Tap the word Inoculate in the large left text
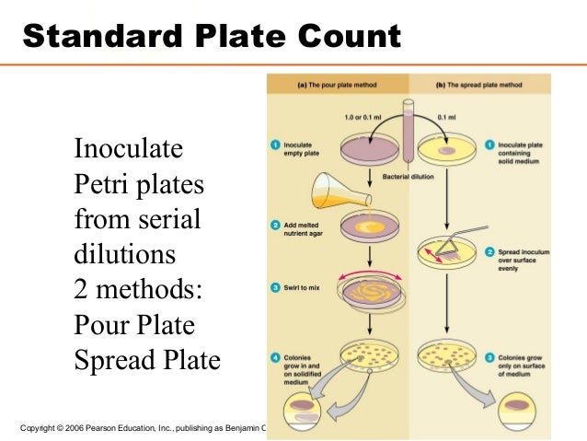coord(128,148)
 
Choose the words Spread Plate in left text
coord(147,360)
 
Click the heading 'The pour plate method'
coord(337,86)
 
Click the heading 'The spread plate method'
coord(483,86)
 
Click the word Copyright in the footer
coord(40,427)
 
